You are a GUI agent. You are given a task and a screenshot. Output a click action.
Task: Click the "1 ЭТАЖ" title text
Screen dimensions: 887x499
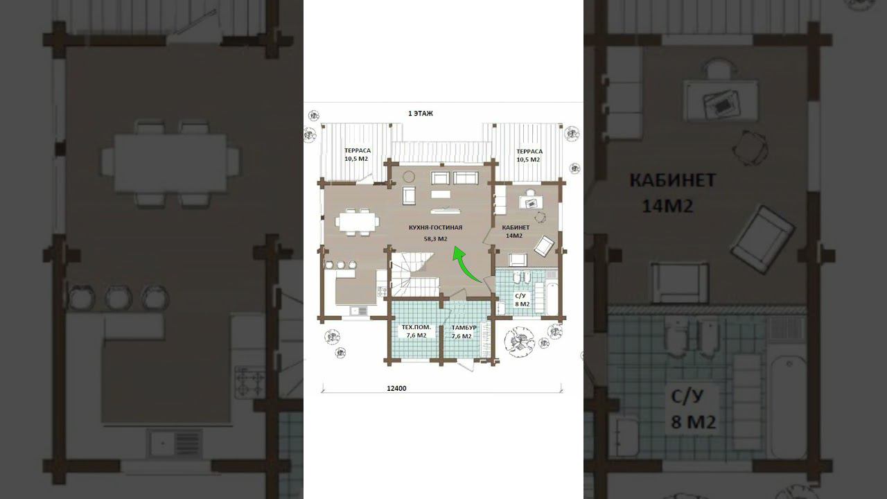tap(421, 113)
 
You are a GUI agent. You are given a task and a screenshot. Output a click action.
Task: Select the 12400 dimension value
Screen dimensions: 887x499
tap(396, 389)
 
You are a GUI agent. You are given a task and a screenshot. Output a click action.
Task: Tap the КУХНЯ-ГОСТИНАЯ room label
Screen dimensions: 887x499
tap(436, 227)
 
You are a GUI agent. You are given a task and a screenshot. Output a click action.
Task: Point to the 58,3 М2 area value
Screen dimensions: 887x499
tap(436, 239)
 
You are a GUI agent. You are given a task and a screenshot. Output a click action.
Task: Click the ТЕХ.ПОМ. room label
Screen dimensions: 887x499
tap(416, 327)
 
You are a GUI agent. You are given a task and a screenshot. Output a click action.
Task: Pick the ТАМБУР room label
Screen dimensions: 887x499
tap(464, 328)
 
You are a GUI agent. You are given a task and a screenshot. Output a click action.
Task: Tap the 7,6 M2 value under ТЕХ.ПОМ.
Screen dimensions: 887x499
tap(416, 335)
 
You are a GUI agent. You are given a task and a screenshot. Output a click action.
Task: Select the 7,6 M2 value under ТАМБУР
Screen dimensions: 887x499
tap(462, 336)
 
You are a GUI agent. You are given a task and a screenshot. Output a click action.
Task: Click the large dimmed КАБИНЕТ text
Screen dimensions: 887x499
tap(673, 181)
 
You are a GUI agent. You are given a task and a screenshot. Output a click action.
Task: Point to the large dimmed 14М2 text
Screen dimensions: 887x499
tap(667, 207)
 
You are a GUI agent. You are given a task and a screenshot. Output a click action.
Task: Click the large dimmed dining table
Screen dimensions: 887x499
tap(170, 163)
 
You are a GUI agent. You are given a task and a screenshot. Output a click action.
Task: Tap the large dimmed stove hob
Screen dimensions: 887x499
tap(250, 381)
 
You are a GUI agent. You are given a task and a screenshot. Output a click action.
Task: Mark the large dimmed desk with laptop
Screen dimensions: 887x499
tap(721, 100)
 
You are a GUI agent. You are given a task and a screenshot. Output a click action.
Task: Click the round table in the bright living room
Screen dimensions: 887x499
tap(409, 177)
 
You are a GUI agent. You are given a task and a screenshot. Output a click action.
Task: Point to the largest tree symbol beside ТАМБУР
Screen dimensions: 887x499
tap(519, 342)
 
